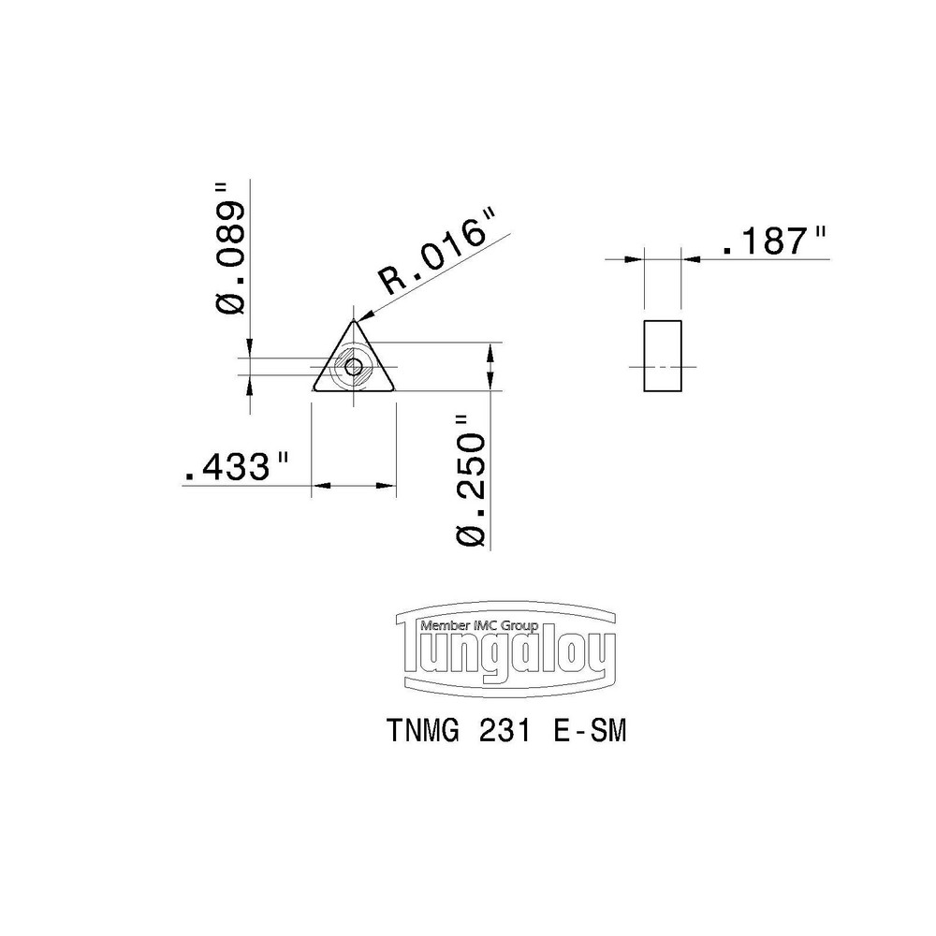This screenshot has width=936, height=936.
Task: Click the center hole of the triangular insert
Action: (x=354, y=367)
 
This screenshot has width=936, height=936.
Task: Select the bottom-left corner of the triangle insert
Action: (x=315, y=388)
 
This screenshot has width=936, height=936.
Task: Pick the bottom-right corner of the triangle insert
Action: (x=392, y=388)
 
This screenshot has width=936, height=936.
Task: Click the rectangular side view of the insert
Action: (x=664, y=357)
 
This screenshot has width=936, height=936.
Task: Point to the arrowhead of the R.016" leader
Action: (x=361, y=317)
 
